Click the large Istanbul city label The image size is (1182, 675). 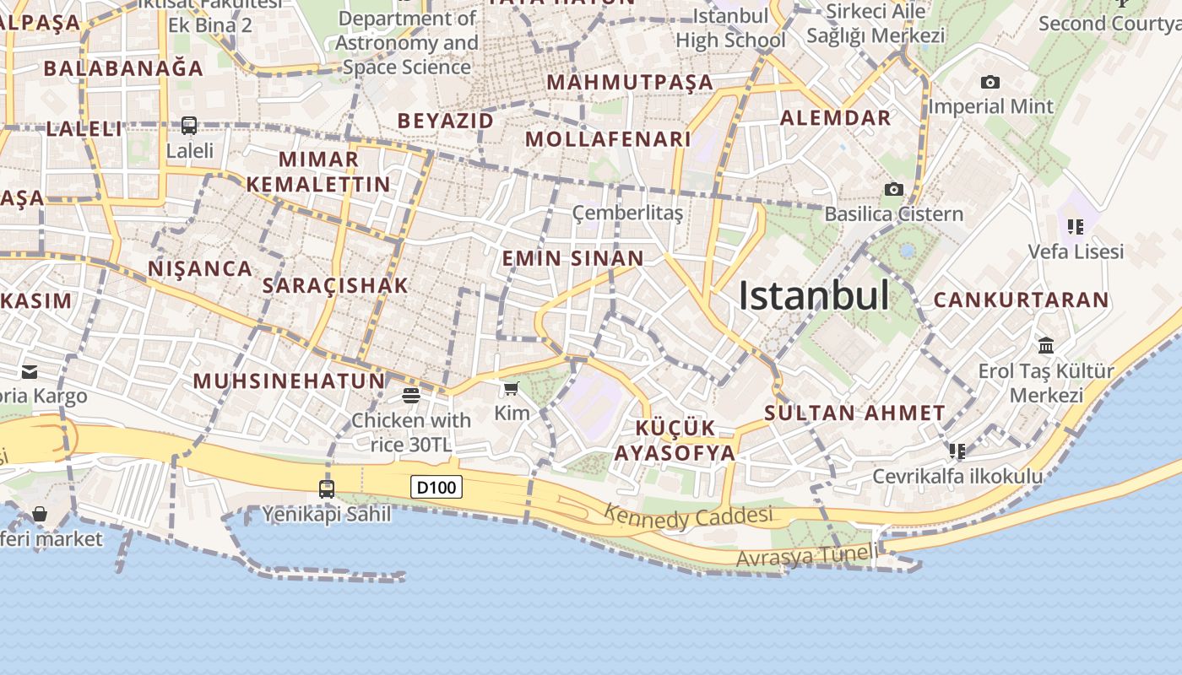tap(813, 296)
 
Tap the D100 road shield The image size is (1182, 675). tap(437, 487)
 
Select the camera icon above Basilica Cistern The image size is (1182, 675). tap(893, 189)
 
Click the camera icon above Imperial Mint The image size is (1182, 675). tap(990, 82)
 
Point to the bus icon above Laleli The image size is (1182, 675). tap(189, 126)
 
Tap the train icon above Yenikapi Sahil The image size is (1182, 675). tap(327, 489)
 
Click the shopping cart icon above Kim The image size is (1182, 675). tap(511, 388)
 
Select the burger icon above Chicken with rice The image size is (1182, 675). tap(411, 395)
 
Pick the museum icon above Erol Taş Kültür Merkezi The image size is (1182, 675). tap(1046, 345)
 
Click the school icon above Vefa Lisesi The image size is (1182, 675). tap(1075, 226)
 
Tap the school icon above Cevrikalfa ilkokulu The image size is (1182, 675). tap(957, 451)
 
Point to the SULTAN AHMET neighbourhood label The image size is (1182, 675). tap(854, 413)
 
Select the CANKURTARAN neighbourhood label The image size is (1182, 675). tap(1021, 300)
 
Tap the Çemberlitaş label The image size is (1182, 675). tap(627, 213)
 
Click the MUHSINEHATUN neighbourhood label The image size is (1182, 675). tap(289, 381)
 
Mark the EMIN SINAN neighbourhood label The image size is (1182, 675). tap(572, 258)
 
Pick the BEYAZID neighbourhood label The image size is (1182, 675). tap(445, 121)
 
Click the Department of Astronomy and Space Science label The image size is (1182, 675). tap(407, 42)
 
